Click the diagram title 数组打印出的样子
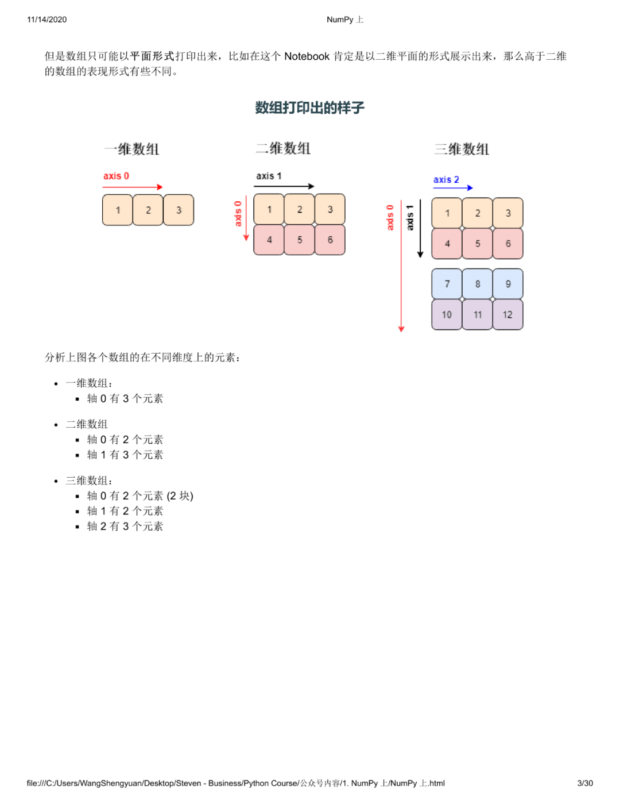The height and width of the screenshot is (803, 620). tap(309, 107)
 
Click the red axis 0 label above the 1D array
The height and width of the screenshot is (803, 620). tap(116, 176)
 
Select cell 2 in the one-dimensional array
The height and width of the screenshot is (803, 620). tap(148, 210)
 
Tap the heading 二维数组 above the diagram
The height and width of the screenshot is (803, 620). tap(283, 148)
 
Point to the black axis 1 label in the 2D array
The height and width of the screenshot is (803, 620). tap(269, 176)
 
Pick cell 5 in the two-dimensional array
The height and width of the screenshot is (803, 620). tap(300, 240)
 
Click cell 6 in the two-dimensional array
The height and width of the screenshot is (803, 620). tap(330, 240)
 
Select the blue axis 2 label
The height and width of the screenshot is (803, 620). tap(446, 180)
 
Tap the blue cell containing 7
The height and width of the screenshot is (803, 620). tap(447, 284)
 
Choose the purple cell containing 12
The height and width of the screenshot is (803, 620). tap(507, 314)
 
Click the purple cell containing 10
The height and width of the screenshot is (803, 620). tap(447, 314)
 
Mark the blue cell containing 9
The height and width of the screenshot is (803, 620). tap(508, 284)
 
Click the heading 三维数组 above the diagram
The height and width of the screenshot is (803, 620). tap(462, 149)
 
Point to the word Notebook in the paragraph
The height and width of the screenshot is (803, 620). tap(307, 56)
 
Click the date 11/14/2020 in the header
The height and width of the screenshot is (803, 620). tap(46, 20)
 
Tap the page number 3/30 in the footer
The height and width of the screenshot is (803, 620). tap(585, 783)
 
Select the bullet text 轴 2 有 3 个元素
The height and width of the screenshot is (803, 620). tap(125, 526)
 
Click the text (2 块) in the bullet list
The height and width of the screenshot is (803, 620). tap(180, 495)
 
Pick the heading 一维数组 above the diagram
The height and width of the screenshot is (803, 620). tap(131, 149)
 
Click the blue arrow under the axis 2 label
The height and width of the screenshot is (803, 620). tap(453, 188)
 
